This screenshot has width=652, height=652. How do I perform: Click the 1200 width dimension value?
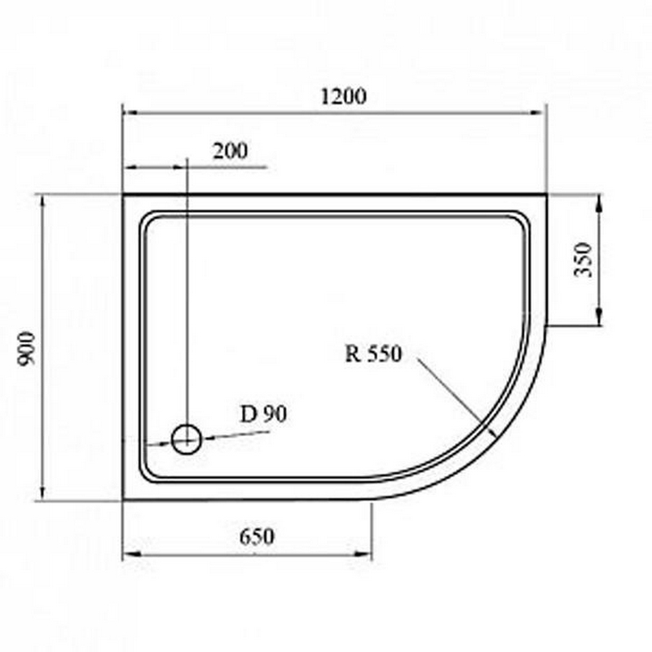[344, 97]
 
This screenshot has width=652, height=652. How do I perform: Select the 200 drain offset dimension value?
[230, 151]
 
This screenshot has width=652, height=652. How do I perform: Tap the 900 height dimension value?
[26, 349]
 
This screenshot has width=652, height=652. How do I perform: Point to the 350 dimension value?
[583, 260]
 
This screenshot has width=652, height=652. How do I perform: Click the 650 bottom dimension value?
[257, 537]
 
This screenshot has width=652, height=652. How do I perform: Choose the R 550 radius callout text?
[374, 354]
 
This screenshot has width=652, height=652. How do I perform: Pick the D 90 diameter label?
[264, 414]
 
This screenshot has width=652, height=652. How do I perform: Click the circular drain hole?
[187, 439]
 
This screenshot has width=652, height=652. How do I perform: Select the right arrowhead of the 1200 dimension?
[538, 112]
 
